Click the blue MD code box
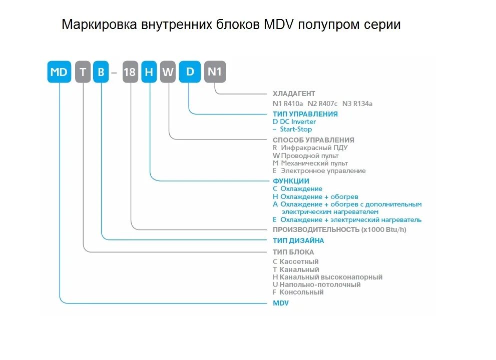[x=59, y=72]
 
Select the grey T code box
[x=83, y=72]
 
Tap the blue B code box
[x=101, y=72]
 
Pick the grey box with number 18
[x=130, y=72]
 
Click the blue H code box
[x=149, y=72]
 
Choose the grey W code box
[x=168, y=72]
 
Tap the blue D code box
[x=190, y=71]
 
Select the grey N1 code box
[x=215, y=72]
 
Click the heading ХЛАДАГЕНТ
[x=294, y=93]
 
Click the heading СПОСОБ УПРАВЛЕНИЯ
[x=313, y=140]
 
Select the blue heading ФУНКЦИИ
[x=291, y=181]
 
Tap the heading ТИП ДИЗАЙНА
[x=298, y=240]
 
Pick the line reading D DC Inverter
[x=294, y=121]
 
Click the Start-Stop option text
[x=295, y=129]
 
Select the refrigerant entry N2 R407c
[x=322, y=104]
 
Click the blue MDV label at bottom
[x=281, y=303]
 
